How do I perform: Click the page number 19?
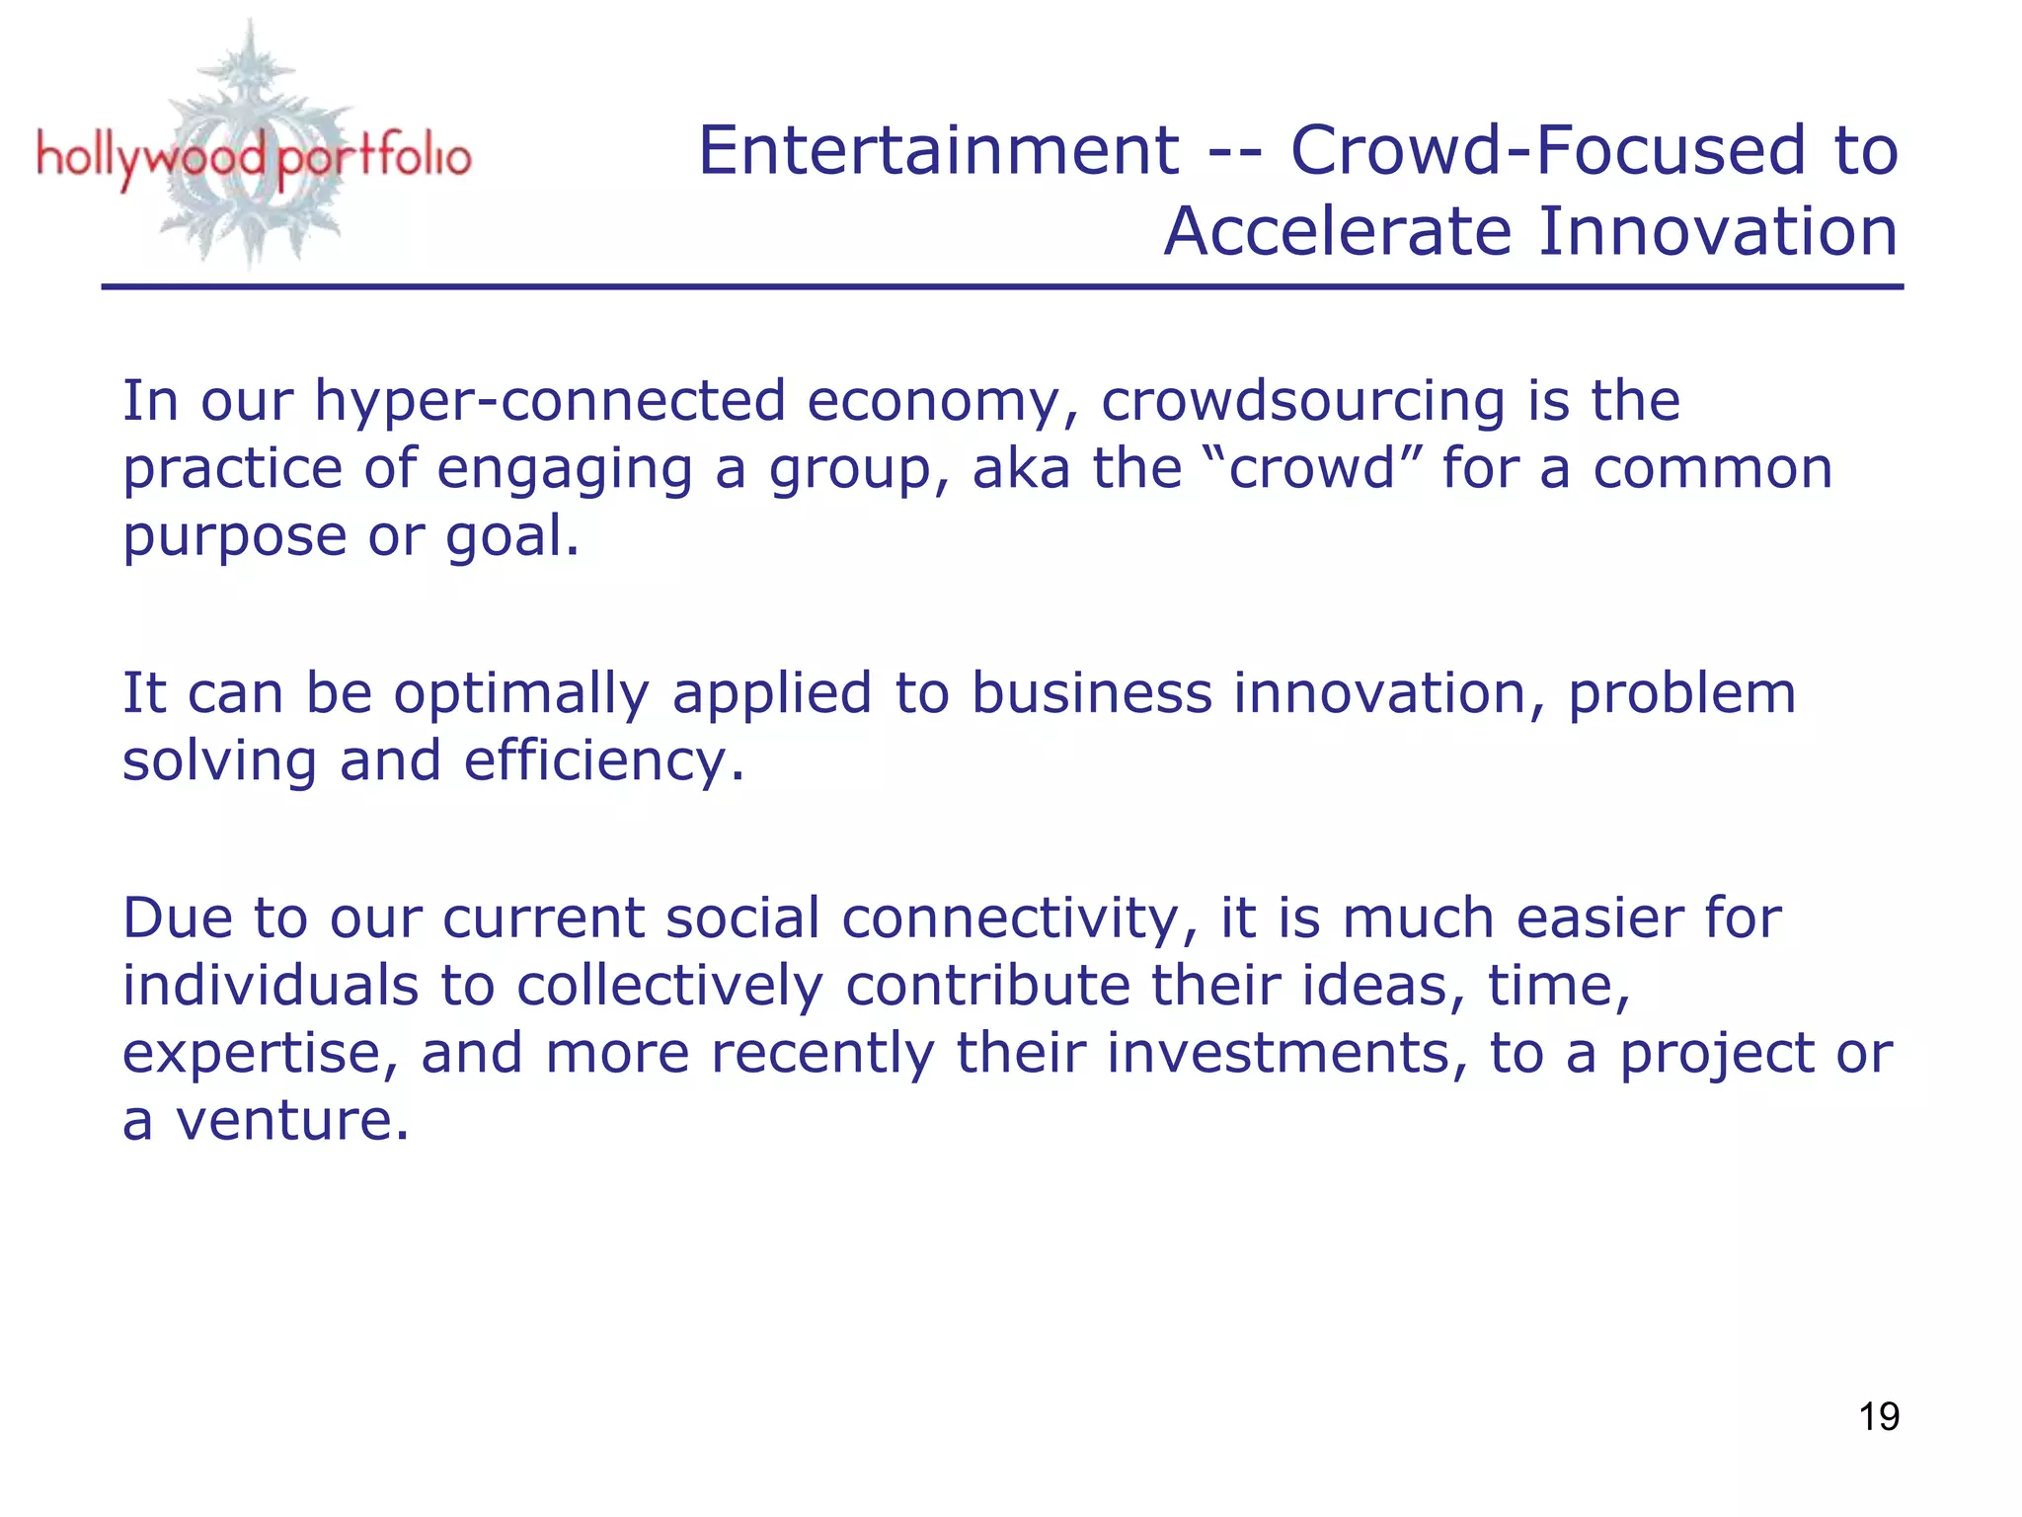tap(1879, 1416)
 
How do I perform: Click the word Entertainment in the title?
tap(938, 151)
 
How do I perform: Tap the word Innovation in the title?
tap(1718, 232)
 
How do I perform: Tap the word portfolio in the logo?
tap(373, 158)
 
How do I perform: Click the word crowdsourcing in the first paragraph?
tap(1302, 401)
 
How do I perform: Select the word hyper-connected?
tap(550, 403)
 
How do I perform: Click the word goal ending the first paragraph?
tap(510, 537)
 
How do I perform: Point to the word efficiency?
tap(602, 761)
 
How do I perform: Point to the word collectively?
tap(669, 986)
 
